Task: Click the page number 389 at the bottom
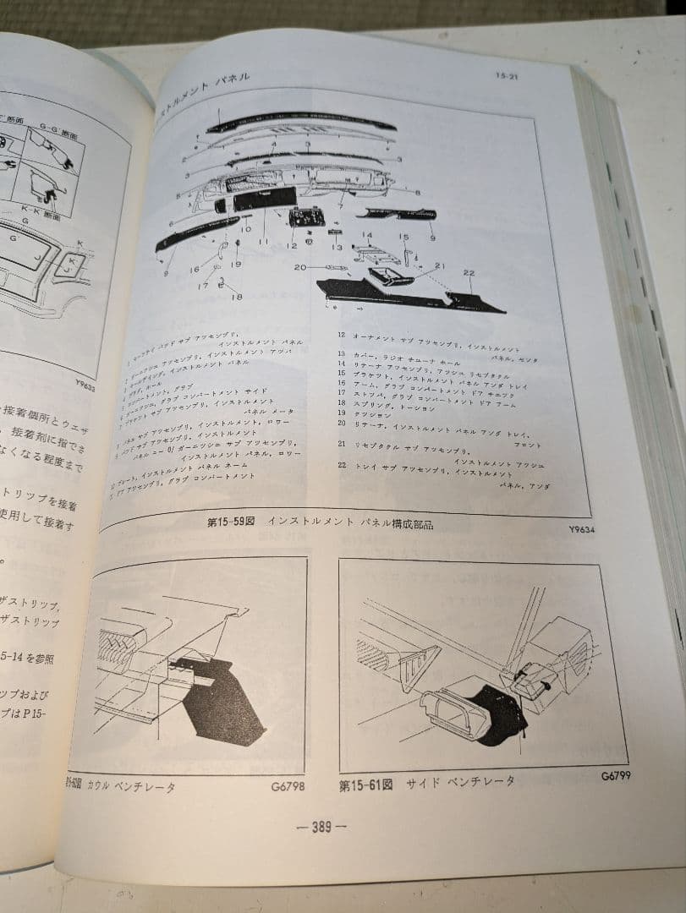click(321, 827)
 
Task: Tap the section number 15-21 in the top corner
click(508, 76)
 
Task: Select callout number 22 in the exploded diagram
click(469, 272)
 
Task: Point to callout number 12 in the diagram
click(292, 246)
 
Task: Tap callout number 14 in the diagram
click(367, 235)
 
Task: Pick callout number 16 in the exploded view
click(195, 270)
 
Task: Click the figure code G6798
click(288, 785)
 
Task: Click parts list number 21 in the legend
click(342, 443)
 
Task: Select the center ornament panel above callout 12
click(302, 218)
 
